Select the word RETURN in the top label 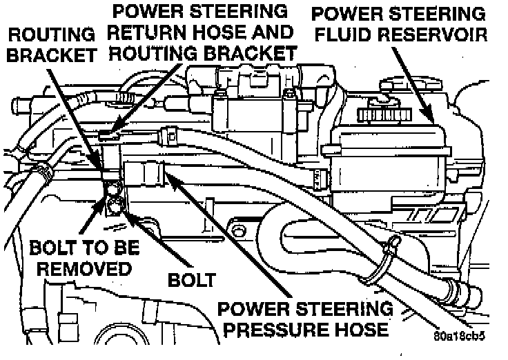click(148, 32)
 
